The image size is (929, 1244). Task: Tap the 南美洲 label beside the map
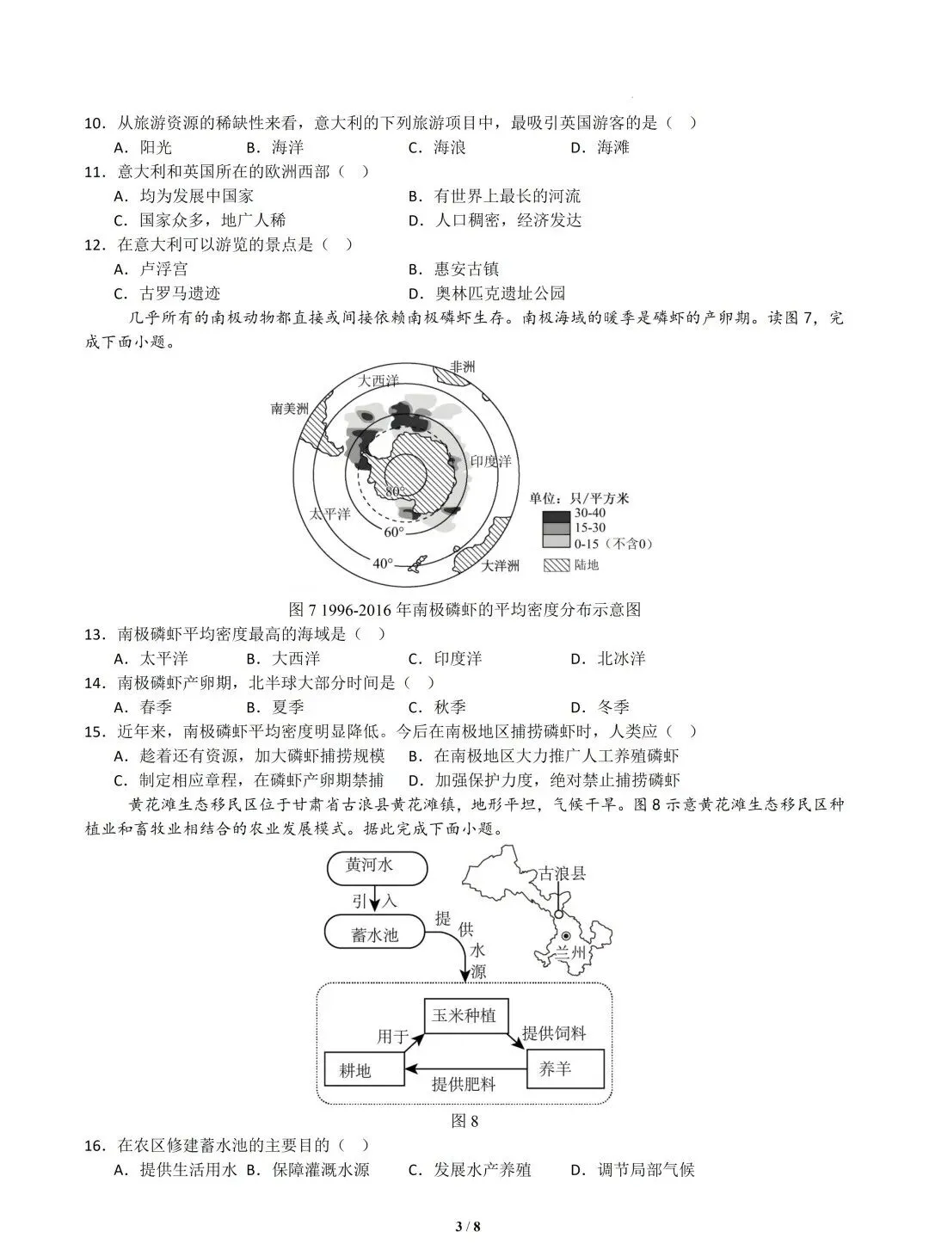(289, 408)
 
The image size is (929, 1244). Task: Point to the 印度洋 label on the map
(492, 461)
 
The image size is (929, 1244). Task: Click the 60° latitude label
(393, 532)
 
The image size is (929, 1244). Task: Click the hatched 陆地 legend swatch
(554, 565)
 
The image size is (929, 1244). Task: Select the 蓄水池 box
(375, 933)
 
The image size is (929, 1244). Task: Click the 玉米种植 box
(465, 1015)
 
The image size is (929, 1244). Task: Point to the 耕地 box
(364, 1070)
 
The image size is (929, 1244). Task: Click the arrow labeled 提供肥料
(464, 1069)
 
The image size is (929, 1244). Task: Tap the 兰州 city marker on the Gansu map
(566, 936)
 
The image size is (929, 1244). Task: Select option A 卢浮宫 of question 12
(154, 269)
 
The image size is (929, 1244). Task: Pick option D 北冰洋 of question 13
(612, 659)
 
